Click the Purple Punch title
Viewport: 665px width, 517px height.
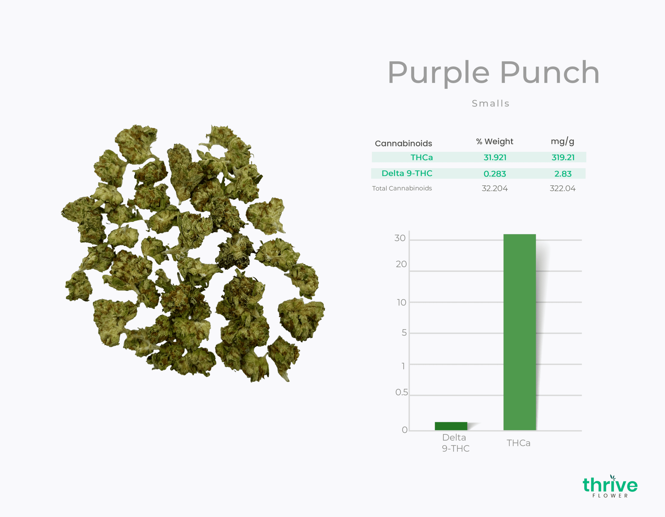point(494,73)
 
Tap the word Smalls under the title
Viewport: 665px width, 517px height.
point(490,103)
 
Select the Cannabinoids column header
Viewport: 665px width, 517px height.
point(403,143)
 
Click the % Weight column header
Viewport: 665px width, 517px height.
point(495,142)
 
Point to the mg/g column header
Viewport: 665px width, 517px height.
point(562,142)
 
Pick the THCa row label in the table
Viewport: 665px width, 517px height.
point(421,157)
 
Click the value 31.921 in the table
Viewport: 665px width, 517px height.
point(495,157)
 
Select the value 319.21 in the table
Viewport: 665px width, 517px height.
point(563,157)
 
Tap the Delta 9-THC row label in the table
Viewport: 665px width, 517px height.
point(407,173)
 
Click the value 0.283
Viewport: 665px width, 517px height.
point(495,174)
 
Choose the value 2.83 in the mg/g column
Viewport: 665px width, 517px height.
point(563,174)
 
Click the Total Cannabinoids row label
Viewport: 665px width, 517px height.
point(402,188)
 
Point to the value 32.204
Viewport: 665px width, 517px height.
point(495,188)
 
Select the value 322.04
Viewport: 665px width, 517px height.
point(562,188)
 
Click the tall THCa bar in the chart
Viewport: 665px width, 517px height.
point(520,332)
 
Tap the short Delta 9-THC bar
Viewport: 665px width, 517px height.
point(451,426)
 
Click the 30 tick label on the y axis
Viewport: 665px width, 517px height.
point(400,238)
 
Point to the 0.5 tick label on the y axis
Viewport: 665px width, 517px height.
point(401,392)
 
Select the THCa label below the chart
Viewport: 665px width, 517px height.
point(518,443)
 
